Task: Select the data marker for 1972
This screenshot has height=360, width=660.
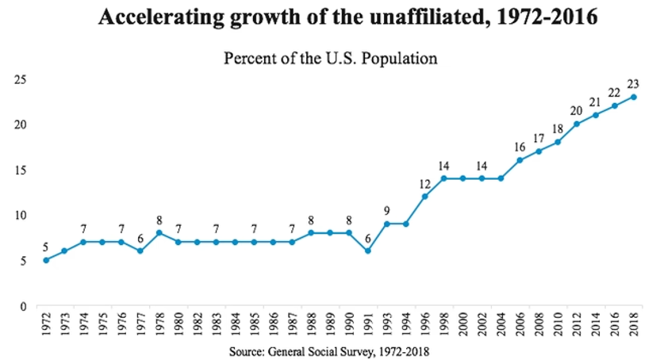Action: [45, 260]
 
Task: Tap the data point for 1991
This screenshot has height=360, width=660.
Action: [369, 251]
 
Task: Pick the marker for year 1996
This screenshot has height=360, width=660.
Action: [426, 197]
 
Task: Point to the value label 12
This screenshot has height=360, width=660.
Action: [425, 183]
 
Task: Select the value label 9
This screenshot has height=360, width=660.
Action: [388, 211]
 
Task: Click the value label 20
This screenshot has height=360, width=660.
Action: [576, 110]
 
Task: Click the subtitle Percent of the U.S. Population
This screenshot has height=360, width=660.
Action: [331, 59]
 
